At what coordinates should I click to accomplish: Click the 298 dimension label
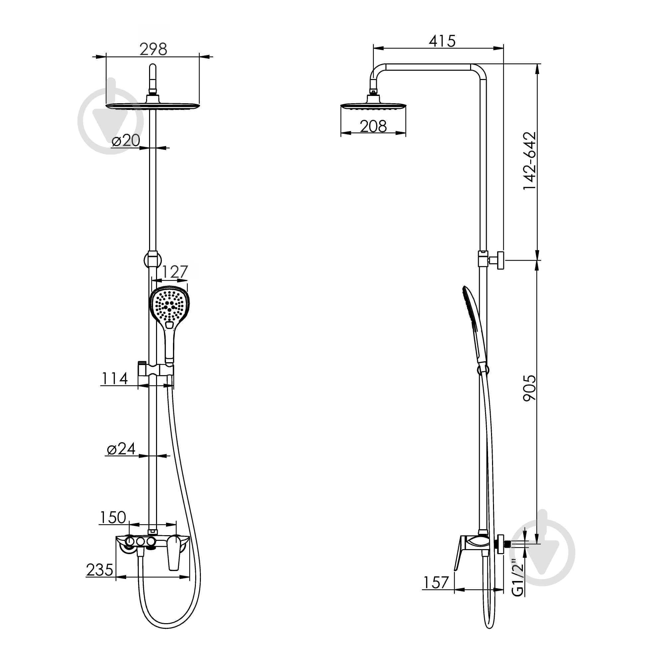[x=153, y=49]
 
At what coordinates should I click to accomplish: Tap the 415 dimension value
[x=442, y=41]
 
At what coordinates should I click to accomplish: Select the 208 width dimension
[x=373, y=126]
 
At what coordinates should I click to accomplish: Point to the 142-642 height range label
[x=529, y=160]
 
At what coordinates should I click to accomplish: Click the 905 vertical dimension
[x=529, y=388]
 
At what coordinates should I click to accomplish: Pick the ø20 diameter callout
[x=126, y=140]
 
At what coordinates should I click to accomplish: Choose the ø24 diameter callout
[x=121, y=449]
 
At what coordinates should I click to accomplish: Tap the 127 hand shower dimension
[x=175, y=272]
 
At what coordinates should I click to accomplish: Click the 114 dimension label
[x=115, y=378]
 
